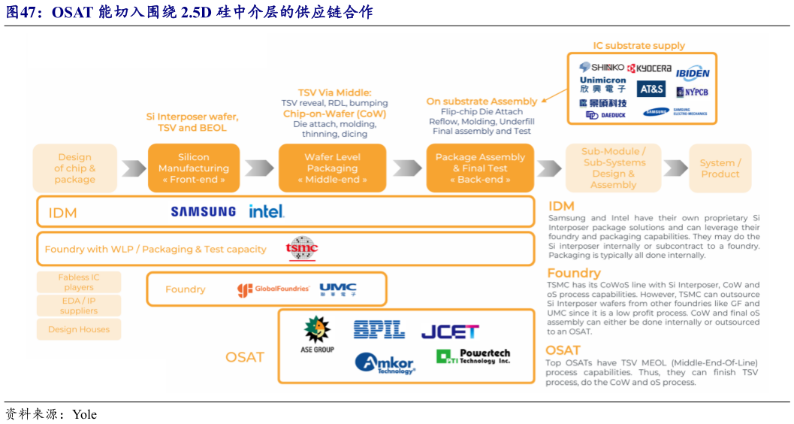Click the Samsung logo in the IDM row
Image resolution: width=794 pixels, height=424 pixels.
203,212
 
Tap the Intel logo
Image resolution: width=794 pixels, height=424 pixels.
267,211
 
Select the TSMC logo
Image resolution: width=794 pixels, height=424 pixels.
302,248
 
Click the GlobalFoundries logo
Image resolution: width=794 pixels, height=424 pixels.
273,289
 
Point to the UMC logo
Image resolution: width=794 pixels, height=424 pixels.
338,289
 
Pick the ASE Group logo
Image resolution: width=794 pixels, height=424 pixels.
317,335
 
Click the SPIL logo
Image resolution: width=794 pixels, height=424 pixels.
379,329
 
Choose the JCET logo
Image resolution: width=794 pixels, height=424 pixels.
450,331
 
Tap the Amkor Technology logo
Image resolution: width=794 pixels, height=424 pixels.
385,362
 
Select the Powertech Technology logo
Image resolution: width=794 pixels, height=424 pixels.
473,356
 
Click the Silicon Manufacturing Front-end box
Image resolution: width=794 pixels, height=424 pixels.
194,168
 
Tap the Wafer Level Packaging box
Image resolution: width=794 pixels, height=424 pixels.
332,168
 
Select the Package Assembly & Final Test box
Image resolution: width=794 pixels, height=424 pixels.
480,168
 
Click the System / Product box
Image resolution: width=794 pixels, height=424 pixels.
720,168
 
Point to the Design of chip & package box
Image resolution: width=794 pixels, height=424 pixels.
74,168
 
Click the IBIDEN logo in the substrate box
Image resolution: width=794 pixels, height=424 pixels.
692,73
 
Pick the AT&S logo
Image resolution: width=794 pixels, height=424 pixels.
651,89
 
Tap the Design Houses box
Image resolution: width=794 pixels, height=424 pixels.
79,329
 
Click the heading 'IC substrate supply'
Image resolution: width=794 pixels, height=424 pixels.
639,46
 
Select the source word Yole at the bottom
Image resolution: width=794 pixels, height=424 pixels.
84,414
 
